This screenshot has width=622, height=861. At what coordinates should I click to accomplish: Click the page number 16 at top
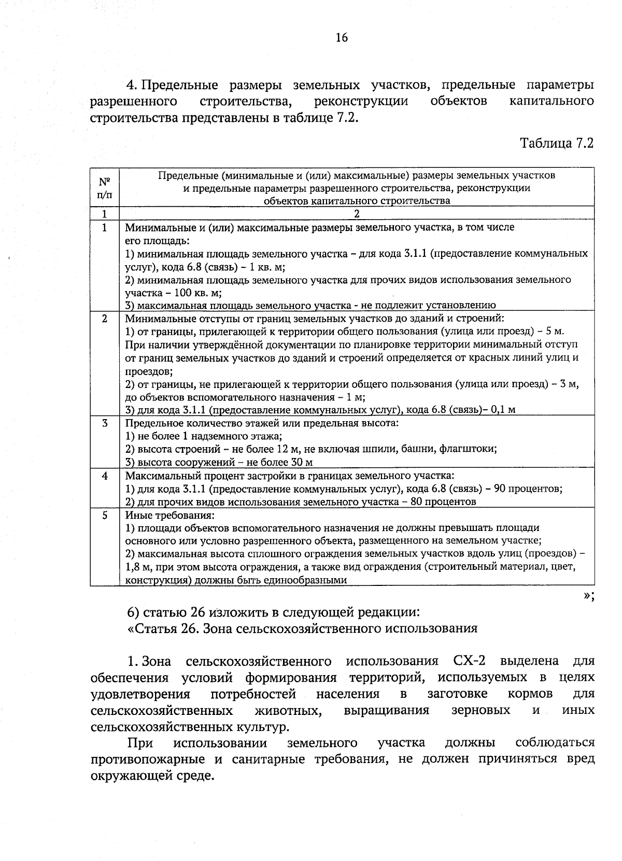click(x=342, y=37)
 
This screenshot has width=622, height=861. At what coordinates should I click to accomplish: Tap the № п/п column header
click(x=104, y=188)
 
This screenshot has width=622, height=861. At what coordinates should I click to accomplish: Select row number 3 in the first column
click(x=104, y=423)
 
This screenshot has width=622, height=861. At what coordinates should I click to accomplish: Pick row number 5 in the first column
click(x=104, y=515)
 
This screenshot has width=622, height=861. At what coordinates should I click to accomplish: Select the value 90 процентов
click(x=528, y=489)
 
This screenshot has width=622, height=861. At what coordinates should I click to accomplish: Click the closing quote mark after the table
click(x=588, y=596)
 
